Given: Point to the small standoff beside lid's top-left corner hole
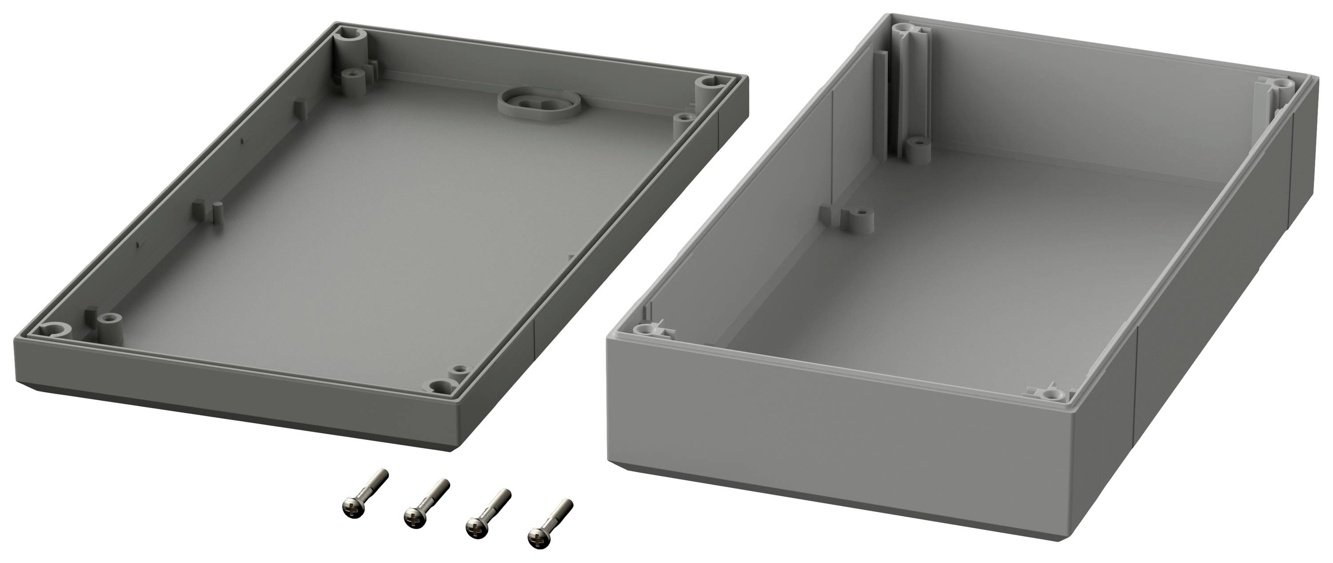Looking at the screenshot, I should [353, 76].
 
